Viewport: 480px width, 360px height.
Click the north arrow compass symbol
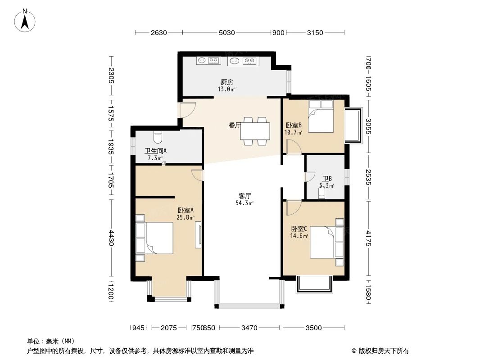pos(25,21)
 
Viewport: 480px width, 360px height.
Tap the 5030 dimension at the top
pos(226,32)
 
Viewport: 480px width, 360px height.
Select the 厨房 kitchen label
pos(227,82)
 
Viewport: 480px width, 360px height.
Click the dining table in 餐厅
pos(255,131)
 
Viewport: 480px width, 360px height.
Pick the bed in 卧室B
pos(321,116)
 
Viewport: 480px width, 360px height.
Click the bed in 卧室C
pos(326,242)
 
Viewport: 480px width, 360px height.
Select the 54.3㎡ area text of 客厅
pos(245,203)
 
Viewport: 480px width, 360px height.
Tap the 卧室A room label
pos(186,211)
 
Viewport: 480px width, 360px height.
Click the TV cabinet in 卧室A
pos(199,235)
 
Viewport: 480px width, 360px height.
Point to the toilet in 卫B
pos(322,193)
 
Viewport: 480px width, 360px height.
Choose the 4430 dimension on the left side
pos(111,238)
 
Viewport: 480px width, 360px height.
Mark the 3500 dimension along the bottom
pos(313,328)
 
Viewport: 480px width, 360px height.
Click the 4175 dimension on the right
pos(369,238)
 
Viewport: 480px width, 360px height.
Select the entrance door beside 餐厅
pos(187,109)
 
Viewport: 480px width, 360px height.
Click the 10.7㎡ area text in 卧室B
pos(293,132)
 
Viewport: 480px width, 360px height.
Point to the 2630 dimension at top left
pos(158,32)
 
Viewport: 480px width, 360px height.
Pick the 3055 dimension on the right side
pos(369,126)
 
